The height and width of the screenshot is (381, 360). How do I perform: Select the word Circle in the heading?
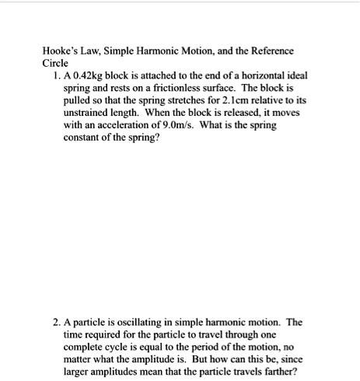[56, 62]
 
